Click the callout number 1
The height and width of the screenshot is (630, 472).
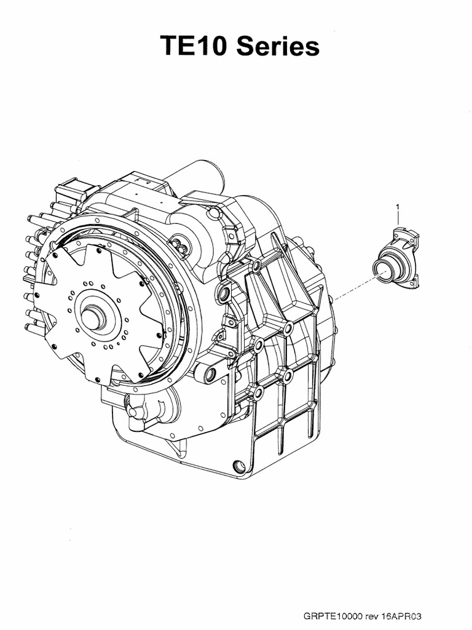[x=398, y=207]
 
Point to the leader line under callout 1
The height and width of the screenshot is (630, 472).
[x=398, y=218]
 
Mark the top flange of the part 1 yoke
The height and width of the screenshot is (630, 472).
[x=406, y=233]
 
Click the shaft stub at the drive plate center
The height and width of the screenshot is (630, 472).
[x=94, y=314]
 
